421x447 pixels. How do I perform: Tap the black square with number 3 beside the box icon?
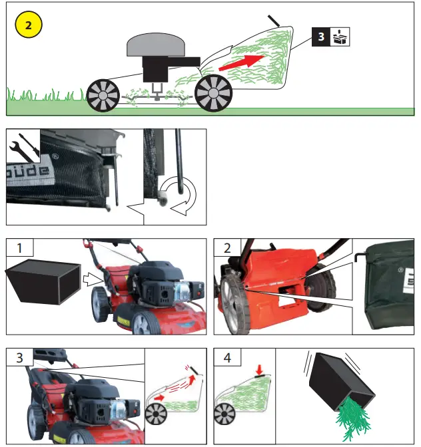pos(321,37)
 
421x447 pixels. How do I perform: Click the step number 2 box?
pos(226,249)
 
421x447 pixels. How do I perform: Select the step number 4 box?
pos(226,357)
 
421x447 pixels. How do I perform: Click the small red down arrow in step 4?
pos(259,368)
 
